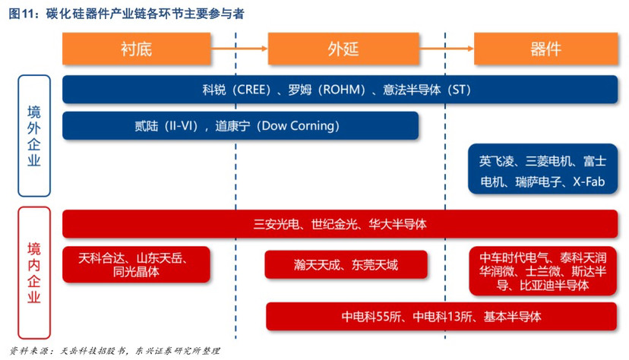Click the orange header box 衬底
137,49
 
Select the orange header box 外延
343,49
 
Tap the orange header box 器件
545,49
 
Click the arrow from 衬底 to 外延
239,49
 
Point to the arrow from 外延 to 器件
447,49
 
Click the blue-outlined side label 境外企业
34,136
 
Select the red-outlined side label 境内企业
34,273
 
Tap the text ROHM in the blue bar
344,90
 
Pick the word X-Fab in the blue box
589,182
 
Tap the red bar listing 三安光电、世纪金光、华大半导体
340,224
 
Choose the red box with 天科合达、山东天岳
137,264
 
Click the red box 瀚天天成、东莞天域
346,264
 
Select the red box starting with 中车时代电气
542,271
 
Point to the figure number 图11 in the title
21,14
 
